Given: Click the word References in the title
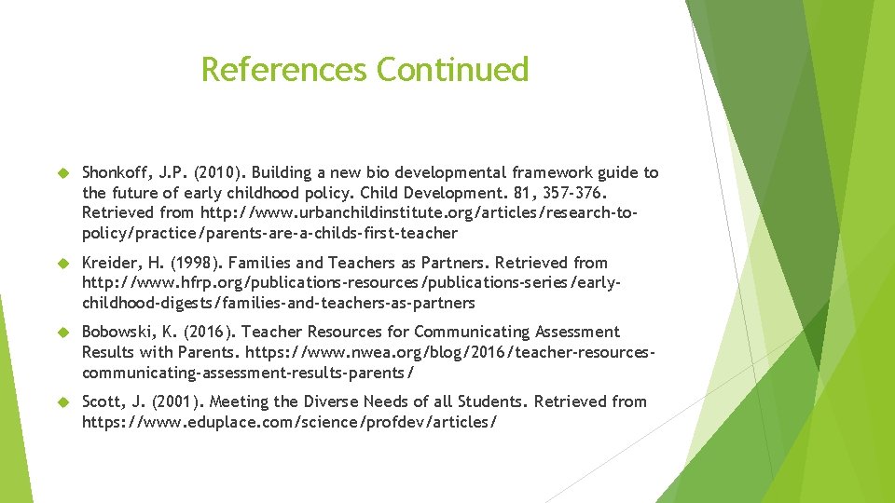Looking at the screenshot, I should tap(284, 70).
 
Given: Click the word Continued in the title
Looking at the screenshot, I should tap(452, 70).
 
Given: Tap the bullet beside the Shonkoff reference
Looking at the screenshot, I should tap(64, 172).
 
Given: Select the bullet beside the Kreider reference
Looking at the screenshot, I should tap(64, 263).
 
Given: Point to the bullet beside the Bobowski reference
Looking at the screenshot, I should tap(64, 333).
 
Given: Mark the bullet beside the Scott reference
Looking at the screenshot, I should tap(64, 402).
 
